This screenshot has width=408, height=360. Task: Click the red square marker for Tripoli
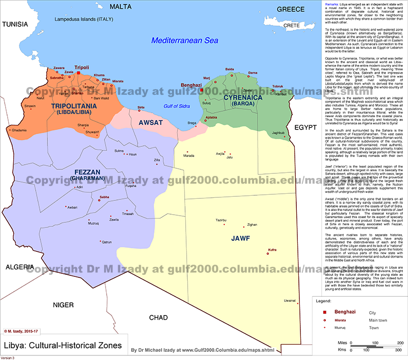[79, 73]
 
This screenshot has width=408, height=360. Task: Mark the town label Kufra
[272, 250]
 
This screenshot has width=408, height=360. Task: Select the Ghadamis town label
[19, 144]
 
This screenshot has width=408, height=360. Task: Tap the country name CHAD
[158, 318]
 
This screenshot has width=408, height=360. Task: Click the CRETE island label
[291, 25]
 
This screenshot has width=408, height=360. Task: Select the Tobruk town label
[277, 86]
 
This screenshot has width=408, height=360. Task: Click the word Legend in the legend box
[324, 302]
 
